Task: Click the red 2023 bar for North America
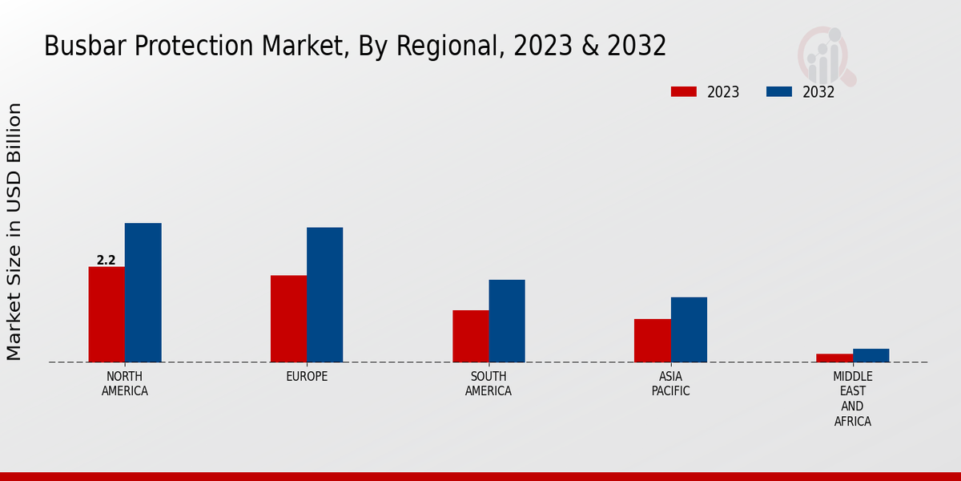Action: tap(107, 314)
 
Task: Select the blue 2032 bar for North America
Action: tap(143, 293)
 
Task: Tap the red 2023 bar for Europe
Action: tap(288, 319)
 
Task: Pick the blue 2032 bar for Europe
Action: tap(324, 295)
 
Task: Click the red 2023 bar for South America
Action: tap(470, 336)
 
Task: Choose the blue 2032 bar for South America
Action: tap(507, 321)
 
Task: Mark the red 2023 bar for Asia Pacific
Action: tap(652, 341)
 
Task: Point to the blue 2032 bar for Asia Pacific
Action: tap(689, 329)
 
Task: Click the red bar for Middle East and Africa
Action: tap(834, 358)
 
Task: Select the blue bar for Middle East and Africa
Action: tap(871, 355)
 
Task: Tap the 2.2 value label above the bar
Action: tap(106, 260)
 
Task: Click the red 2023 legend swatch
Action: tap(684, 91)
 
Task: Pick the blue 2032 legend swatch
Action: tap(779, 91)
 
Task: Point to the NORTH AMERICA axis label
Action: tap(125, 384)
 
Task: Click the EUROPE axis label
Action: tap(307, 377)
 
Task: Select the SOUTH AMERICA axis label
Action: tap(489, 384)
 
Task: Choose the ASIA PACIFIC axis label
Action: tap(670, 384)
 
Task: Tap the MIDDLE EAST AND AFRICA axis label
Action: tap(852, 398)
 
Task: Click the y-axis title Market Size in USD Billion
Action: tap(14, 231)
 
